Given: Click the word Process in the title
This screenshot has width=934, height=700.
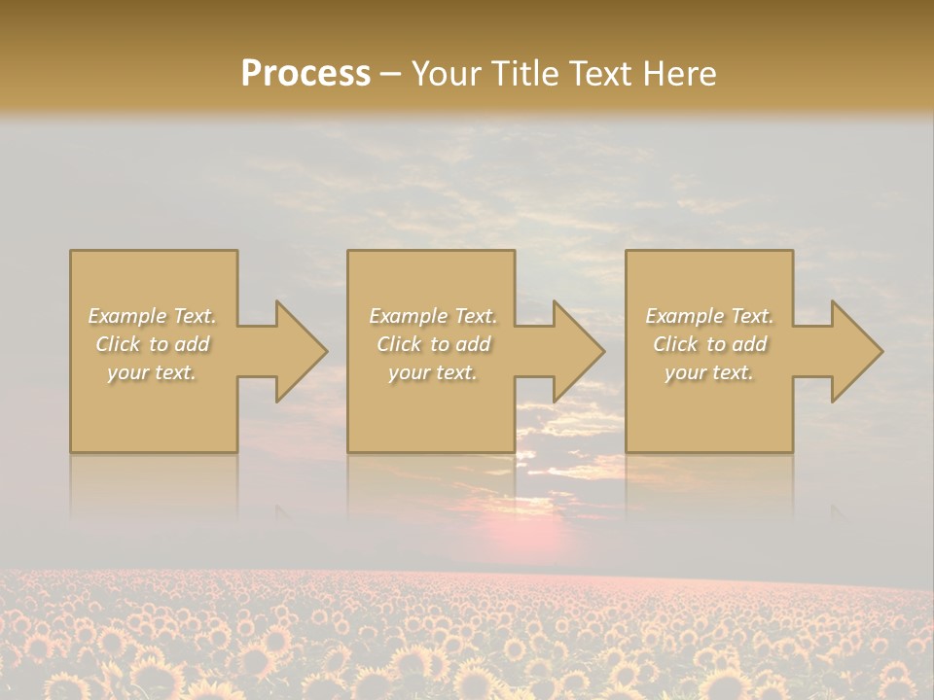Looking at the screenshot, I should [x=305, y=73].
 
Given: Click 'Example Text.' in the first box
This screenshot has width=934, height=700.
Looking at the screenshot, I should [x=153, y=316].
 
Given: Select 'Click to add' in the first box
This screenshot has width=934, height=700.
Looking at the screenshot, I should [x=153, y=344].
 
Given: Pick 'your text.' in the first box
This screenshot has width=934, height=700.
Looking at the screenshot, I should [x=153, y=372].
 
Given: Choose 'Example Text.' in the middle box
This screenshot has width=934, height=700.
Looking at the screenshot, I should [x=433, y=316].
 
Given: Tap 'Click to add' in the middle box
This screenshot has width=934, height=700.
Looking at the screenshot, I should [x=433, y=344].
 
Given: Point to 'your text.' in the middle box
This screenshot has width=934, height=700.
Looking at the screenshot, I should [x=433, y=372].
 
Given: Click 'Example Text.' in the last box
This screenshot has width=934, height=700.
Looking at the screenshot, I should [x=709, y=316].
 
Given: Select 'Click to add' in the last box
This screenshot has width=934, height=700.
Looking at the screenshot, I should [x=709, y=344].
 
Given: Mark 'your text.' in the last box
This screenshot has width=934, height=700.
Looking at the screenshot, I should [x=709, y=372].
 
